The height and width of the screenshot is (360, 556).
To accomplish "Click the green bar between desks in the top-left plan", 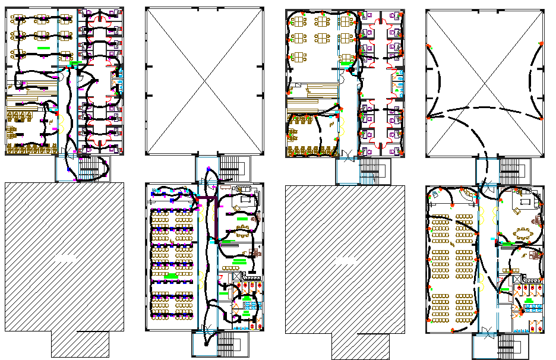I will (x=43, y=46).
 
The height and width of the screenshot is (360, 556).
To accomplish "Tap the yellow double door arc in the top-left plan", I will (x=62, y=122).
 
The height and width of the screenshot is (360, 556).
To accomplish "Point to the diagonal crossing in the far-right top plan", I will (x=485, y=83).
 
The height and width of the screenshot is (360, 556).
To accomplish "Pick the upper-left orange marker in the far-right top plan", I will (x=429, y=46).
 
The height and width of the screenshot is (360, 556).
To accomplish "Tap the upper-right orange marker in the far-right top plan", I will (x=541, y=43).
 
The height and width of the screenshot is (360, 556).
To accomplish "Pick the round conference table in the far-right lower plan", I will (x=523, y=233).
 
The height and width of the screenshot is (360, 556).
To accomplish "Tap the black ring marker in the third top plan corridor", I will (x=350, y=71).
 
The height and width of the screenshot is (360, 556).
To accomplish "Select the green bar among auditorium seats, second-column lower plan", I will (x=170, y=277).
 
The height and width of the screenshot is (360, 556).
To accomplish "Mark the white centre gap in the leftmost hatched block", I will (x=64, y=257).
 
